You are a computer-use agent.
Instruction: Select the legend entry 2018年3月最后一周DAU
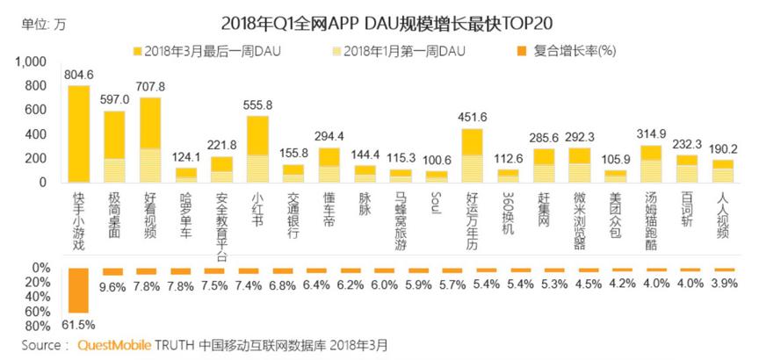[201, 50]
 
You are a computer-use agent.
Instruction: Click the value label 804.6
[79, 76]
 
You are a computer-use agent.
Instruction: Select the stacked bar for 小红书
[257, 148]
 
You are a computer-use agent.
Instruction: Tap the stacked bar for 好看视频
[150, 140]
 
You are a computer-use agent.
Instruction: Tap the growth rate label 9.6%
[114, 285]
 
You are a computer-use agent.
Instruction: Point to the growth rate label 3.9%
[724, 283]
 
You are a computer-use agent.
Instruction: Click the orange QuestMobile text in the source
[114, 345]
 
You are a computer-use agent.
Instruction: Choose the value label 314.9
[651, 135]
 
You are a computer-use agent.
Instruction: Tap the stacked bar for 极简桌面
[114, 147]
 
